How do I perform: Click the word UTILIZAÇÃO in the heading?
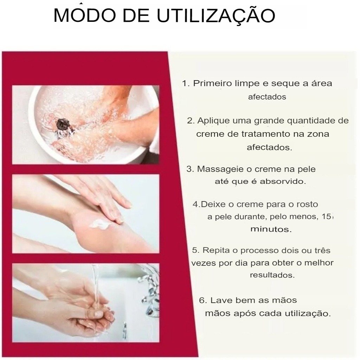[216, 15]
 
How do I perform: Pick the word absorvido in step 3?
[283, 181]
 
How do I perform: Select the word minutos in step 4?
[271, 229]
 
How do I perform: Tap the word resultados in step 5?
[272, 275]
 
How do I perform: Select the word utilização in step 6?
[308, 314]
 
